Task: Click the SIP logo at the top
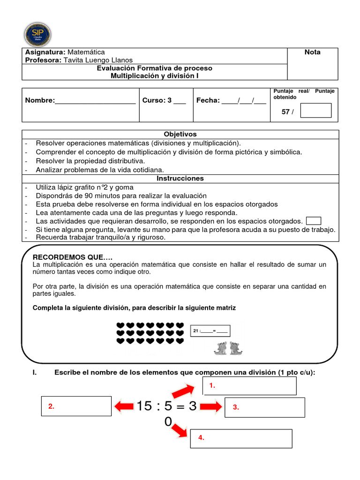pos(37,34)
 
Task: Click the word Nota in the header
pos(312,52)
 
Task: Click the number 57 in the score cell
pos(285,112)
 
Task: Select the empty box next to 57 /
pos(315,111)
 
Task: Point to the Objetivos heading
pos(180,134)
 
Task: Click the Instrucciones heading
pos(180,178)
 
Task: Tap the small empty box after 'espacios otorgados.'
pos(313,221)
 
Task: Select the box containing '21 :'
pos(210,331)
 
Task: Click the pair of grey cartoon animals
pos(225,348)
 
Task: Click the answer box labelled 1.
pos(250,386)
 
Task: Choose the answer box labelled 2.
pos(76,406)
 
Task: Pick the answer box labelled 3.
pos(264,407)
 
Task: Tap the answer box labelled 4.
pos(241,438)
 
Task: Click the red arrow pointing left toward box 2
pos(124,406)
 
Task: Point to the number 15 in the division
pos(145,406)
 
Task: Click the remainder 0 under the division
pos(168,422)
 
